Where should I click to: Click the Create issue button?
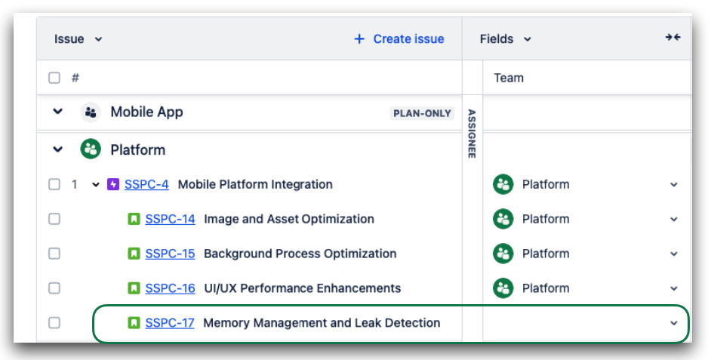pos(399,39)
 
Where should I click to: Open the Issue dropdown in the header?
pos(78,39)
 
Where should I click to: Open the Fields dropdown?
pos(505,39)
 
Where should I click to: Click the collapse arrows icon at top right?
pos(673,37)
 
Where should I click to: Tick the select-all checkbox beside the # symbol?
pos(54,78)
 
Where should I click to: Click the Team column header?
pos(509,78)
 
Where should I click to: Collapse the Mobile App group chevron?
pos(57,112)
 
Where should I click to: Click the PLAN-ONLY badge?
pos(422,113)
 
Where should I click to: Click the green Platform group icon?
pos(91,149)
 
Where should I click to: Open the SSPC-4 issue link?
pos(146,185)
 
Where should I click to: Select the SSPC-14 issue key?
pos(170,219)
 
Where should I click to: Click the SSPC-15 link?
pos(170,254)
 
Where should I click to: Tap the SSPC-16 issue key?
pos(170,288)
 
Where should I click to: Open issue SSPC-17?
pos(170,323)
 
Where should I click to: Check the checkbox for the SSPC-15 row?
pos(54,254)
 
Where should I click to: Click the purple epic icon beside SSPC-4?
pos(113,185)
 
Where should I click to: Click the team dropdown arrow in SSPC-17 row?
pos(674,323)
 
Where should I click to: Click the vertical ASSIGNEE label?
pos(472,134)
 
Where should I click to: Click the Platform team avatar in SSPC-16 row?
pos(503,288)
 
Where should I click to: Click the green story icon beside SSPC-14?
pos(134,220)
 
